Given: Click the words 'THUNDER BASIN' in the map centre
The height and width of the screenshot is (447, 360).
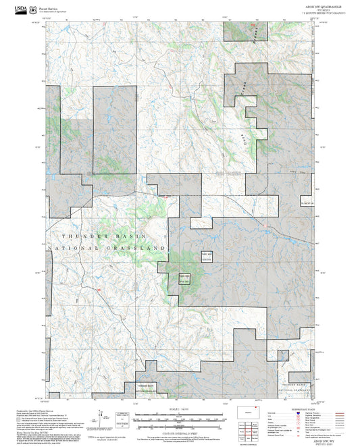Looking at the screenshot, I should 95,236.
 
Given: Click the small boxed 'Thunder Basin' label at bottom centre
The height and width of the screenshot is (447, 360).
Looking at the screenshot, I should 147,387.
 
